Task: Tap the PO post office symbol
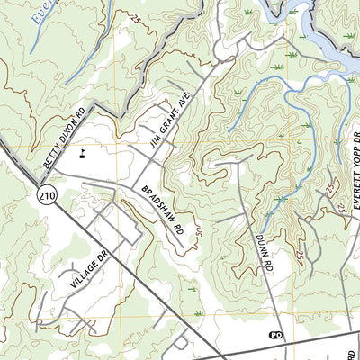[x=276, y=334]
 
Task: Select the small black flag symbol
[x=83, y=152]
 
